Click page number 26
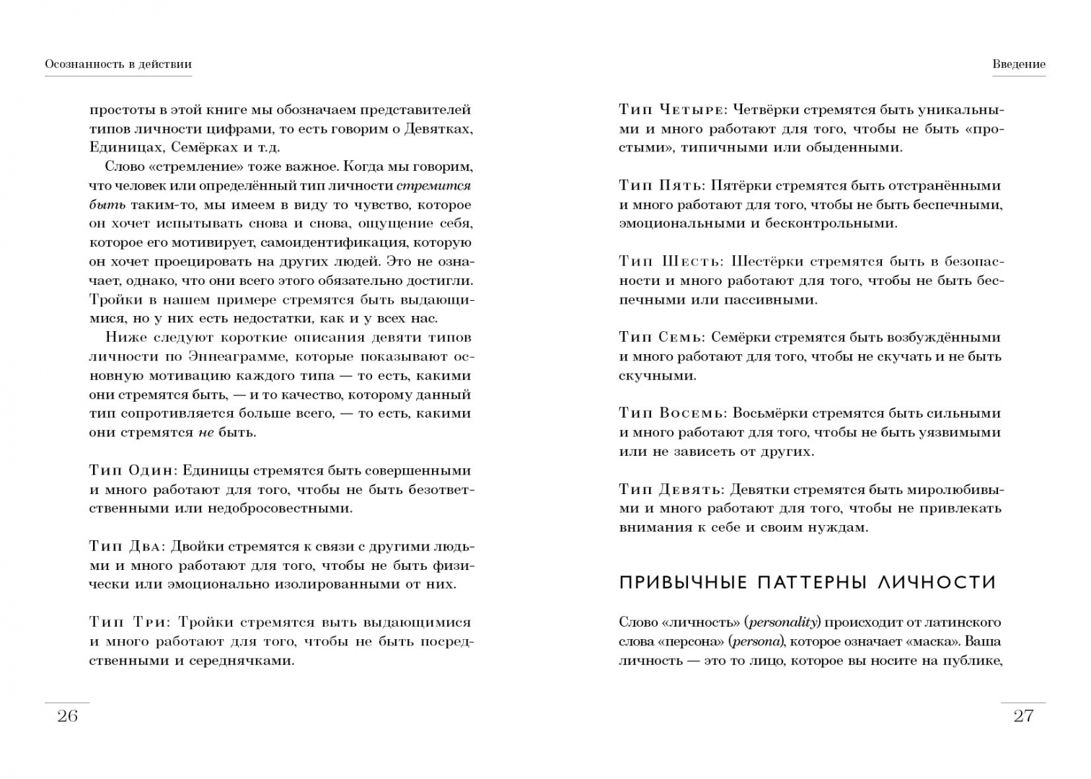coord(67,716)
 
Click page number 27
coord(1023,716)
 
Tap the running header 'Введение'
coord(1018,64)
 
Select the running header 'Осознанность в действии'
coord(118,64)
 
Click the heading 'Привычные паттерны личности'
coord(807,583)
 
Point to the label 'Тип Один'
coord(131,470)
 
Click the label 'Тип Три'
coord(129,622)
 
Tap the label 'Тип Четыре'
coord(671,110)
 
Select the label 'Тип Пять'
coord(660,185)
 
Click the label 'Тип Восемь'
coord(671,413)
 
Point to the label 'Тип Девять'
coord(670,489)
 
